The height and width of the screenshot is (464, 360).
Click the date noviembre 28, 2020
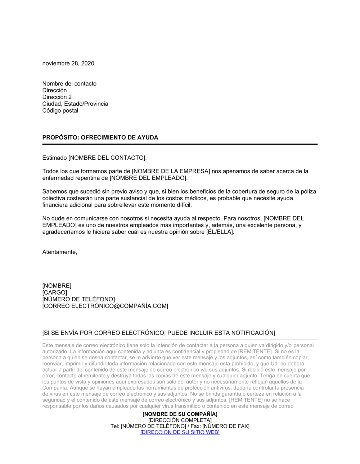click(x=68, y=63)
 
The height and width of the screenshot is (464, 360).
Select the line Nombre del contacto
click(x=69, y=83)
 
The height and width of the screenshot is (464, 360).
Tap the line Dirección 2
click(x=57, y=97)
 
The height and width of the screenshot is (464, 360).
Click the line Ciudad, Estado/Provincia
click(x=75, y=104)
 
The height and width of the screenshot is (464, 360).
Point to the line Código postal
click(x=60, y=110)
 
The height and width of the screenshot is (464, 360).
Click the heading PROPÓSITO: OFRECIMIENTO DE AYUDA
click(x=100, y=137)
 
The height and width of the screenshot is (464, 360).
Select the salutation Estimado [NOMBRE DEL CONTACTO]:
click(x=95, y=158)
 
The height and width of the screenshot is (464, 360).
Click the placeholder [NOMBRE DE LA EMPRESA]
click(x=171, y=171)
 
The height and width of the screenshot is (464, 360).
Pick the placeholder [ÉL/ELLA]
click(x=220, y=232)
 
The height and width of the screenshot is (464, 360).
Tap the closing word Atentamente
click(x=60, y=252)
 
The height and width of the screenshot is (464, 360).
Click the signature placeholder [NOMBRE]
click(x=57, y=286)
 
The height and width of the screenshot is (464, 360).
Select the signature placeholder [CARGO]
click(x=55, y=292)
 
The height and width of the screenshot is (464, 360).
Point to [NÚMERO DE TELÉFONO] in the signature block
click(x=78, y=299)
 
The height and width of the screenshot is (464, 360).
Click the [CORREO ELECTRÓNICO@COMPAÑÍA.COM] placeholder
click(x=105, y=306)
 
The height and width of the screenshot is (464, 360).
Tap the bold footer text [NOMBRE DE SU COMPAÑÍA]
click(x=180, y=414)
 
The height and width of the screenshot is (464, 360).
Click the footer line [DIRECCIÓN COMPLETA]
click(x=180, y=420)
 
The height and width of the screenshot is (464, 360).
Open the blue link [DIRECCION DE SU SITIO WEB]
click(x=180, y=432)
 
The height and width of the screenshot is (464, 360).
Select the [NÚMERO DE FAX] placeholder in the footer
click(x=226, y=426)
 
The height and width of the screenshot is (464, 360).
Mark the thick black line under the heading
click(x=180, y=144)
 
